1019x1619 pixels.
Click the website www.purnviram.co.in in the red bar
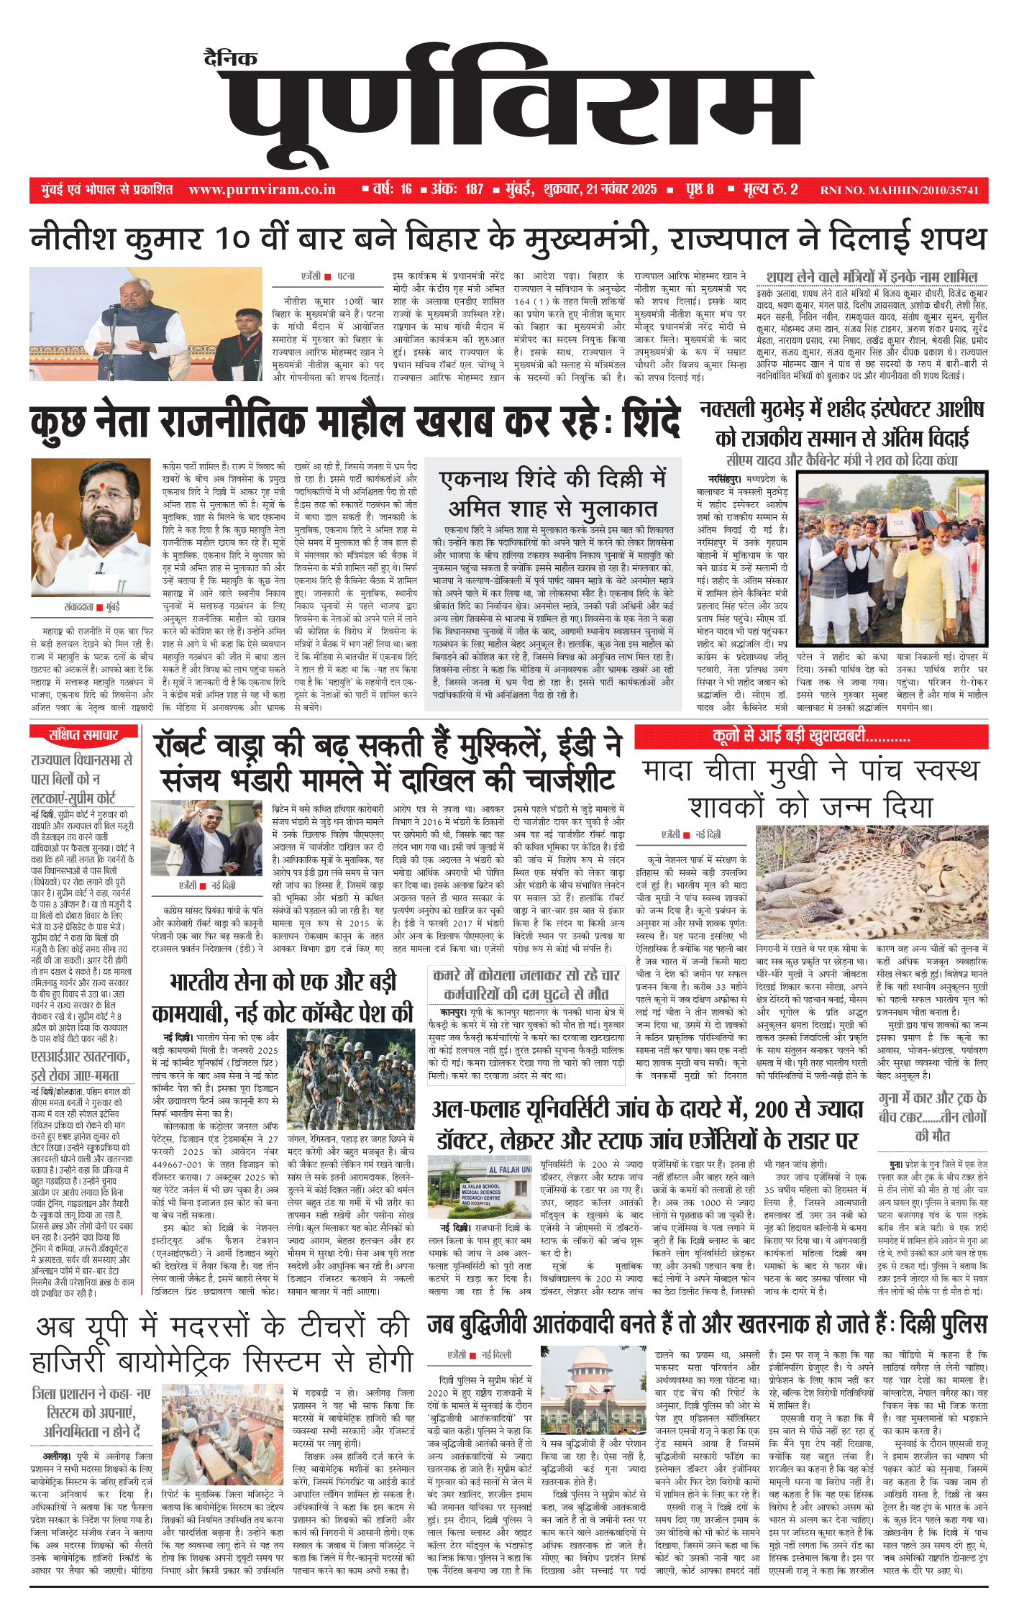click(262, 190)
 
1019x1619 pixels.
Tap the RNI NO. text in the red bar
click(899, 191)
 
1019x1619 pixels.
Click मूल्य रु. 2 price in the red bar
click(770, 190)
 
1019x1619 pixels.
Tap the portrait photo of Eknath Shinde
click(91, 528)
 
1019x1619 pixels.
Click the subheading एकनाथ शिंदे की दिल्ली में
click(553, 478)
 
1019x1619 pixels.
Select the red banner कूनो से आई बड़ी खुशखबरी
click(810, 736)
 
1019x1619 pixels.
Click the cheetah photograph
click(872, 882)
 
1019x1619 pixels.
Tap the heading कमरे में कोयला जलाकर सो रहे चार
click(526, 975)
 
